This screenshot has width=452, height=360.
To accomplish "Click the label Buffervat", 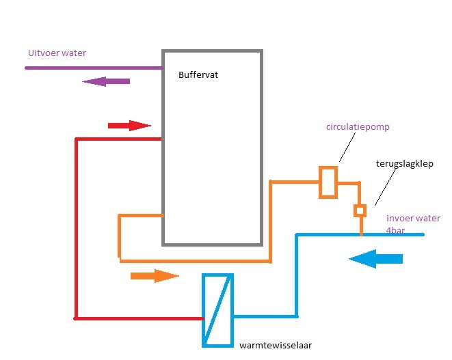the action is [198, 75].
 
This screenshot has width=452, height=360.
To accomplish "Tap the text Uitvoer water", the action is [57, 53].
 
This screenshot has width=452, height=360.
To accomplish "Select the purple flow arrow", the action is [106, 81].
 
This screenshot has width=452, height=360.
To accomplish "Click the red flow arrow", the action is [129, 126].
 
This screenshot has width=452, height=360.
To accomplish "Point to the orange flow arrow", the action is [155, 276].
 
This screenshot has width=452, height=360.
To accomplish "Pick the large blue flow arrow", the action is [375, 259].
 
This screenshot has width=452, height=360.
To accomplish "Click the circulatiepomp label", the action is [358, 127].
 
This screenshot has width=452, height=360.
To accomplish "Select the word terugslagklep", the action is [404, 163].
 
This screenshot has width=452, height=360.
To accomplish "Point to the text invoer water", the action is [413, 219].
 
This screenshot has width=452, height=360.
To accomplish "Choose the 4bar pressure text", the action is [395, 230].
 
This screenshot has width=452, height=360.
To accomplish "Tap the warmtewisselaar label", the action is [276, 345].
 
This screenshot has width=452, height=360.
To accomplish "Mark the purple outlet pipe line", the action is [94, 68].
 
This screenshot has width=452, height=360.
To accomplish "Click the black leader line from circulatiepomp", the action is [347, 147].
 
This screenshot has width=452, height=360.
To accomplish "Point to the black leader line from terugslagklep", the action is [386, 186].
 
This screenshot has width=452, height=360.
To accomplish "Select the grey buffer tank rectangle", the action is [163, 148].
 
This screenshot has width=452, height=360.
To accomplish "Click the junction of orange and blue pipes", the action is [361, 234].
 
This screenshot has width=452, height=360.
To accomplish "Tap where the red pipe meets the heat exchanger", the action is [202, 318].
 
